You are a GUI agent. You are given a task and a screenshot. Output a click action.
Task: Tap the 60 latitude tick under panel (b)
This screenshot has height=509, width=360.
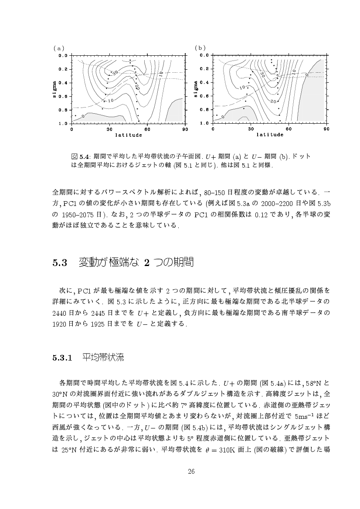click(289, 129)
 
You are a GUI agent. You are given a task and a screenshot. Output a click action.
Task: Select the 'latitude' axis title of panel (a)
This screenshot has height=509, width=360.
click(129, 135)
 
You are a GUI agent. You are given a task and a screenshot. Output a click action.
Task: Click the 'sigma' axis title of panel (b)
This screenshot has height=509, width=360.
click(196, 89)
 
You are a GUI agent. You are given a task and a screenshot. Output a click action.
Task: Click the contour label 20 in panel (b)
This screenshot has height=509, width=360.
click(274, 101)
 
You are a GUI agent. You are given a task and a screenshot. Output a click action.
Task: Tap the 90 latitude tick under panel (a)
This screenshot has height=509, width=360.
click(185, 129)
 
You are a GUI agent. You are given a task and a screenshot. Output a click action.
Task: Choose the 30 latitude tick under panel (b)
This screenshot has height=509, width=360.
click(251, 129)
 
